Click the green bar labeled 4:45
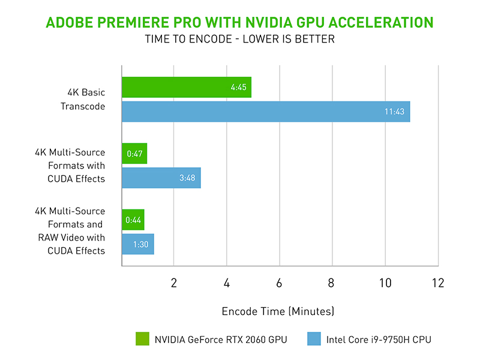tap(186, 88)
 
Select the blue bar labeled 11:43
tap(266, 112)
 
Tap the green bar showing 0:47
tap(134, 154)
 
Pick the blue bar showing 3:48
tap(161, 178)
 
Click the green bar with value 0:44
tap(133, 220)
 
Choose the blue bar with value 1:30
tap(138, 244)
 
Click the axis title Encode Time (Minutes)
tap(278, 311)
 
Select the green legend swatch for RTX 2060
tap(142, 339)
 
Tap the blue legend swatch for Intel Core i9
tap(313, 339)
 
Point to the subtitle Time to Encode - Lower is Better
tap(239, 40)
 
